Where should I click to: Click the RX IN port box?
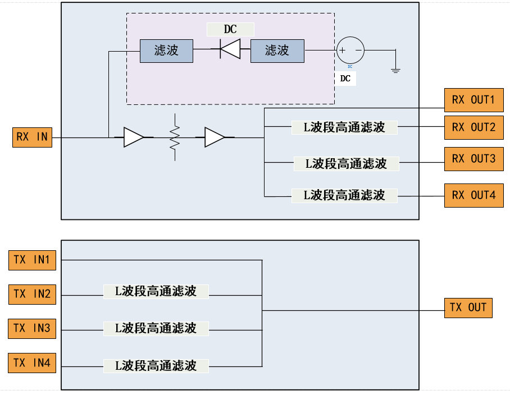tap(32, 137)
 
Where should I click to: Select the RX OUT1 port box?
tap(473, 100)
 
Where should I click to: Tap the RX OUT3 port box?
tap(473, 159)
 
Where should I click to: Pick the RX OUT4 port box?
tap(473, 195)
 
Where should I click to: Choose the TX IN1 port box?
tap(32, 260)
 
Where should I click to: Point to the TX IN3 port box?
tap(32, 328)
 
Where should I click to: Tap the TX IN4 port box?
tap(32, 363)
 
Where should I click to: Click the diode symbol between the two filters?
tap(229, 50)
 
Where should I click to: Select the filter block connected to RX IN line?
tap(166, 50)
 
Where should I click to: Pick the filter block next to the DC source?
tap(277, 50)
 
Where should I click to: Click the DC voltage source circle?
tap(350, 50)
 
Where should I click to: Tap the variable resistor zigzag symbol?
tap(175, 137)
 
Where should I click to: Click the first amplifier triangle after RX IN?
tap(134, 137)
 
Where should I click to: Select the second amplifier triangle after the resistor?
tap(215, 137)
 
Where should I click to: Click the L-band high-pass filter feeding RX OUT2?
tap(344, 127)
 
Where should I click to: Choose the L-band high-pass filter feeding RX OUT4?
tap(344, 195)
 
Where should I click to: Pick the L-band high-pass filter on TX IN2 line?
tap(156, 291)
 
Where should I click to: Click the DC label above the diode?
tap(230, 30)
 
